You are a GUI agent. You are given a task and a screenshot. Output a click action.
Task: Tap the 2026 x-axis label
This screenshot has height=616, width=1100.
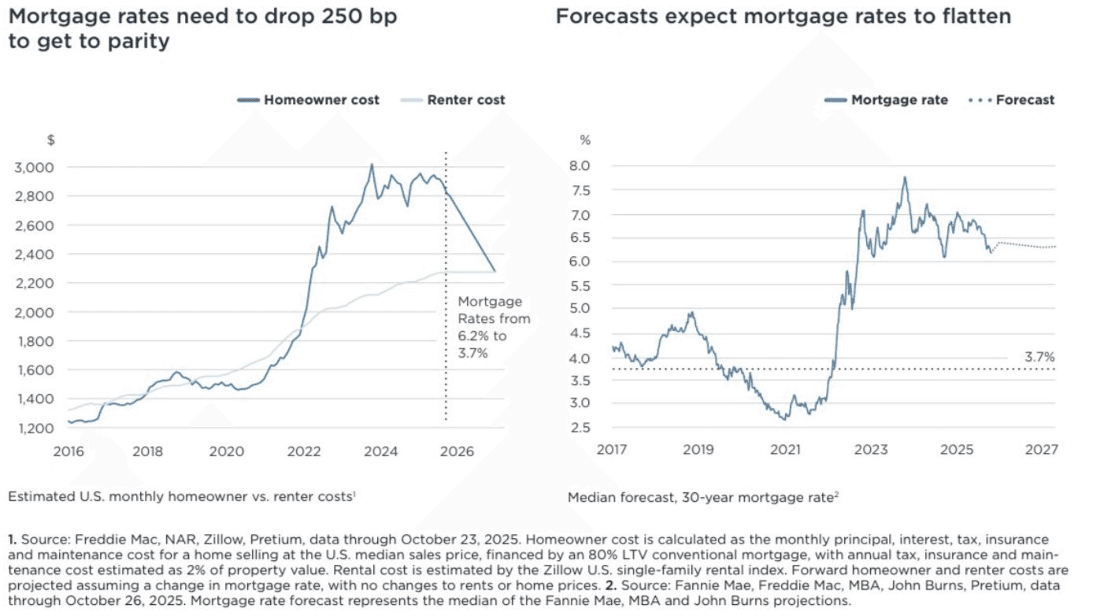point(456,452)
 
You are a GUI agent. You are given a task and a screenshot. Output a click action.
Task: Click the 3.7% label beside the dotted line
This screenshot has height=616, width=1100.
point(1039,358)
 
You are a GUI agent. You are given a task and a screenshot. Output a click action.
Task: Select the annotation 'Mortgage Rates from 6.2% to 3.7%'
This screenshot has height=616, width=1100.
point(494,327)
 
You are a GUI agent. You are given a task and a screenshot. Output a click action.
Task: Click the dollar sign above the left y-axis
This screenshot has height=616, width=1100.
point(51,140)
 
